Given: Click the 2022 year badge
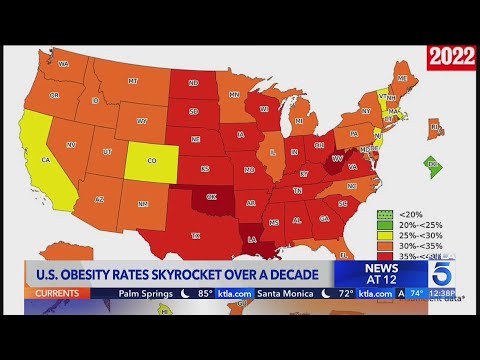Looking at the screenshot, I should point(451,56).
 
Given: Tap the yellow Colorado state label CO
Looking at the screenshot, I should point(151,159).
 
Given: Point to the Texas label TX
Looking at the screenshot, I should point(195,236).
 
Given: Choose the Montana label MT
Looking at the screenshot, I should point(132,80).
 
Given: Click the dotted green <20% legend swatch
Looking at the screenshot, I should point(382,215).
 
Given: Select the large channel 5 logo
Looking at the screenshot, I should point(444,275).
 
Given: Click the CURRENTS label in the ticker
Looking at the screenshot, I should point(56,294).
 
